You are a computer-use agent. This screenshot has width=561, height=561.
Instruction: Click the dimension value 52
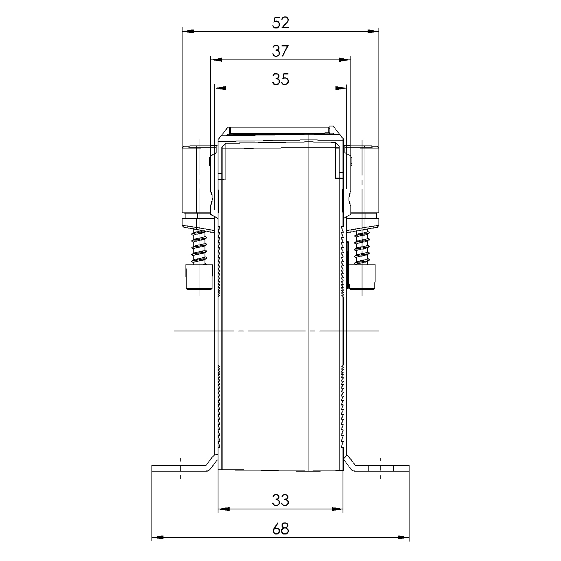(x=280, y=23)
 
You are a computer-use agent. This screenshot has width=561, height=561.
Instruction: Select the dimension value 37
(x=280, y=51)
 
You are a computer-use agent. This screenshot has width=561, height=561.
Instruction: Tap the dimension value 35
(x=280, y=80)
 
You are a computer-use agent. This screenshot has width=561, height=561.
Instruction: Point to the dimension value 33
(x=280, y=500)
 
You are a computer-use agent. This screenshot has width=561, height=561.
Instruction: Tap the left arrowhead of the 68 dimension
(x=157, y=537)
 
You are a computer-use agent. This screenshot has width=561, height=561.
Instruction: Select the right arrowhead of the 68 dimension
(x=404, y=537)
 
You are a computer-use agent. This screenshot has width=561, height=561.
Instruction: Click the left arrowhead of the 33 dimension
(x=223, y=509)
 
